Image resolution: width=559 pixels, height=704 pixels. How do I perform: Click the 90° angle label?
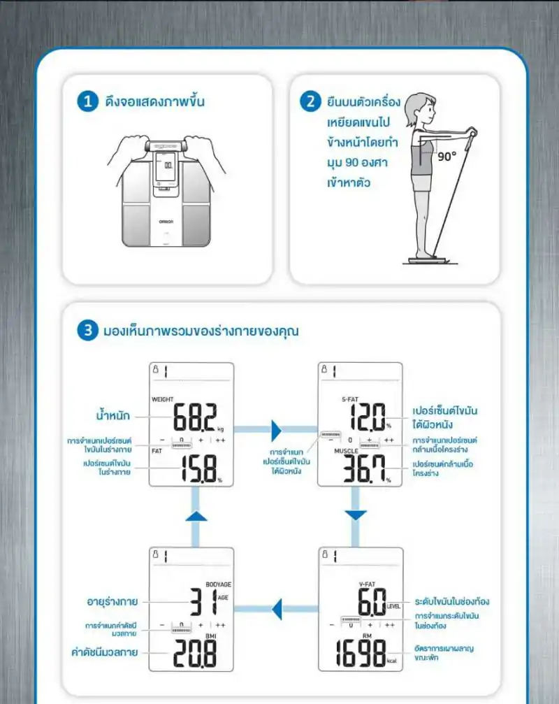pos(447,156)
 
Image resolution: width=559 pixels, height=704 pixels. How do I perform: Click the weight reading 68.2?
pos(195,418)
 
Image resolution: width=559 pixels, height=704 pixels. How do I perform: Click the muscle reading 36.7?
pos(363,470)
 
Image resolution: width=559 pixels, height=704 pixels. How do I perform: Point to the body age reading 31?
pos(203,600)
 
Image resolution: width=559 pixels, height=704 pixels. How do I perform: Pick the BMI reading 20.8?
pos(194,654)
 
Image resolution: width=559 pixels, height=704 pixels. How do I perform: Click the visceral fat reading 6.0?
pos(370,600)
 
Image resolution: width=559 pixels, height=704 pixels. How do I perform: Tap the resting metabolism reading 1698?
pos(358,654)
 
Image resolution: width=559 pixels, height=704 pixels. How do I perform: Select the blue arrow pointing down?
pos(356,515)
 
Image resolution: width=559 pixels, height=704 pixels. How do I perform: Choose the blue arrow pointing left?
pos(276,608)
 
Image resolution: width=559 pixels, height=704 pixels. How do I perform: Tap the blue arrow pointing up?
pos(196,516)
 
